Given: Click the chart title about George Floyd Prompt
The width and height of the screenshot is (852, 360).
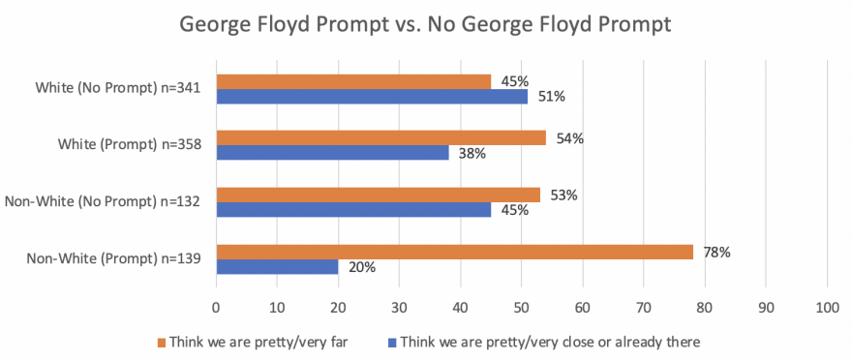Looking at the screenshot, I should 426,25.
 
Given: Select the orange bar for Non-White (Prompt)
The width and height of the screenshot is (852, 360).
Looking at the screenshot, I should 454,252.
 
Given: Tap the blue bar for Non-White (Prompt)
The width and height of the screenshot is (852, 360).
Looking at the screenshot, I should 277,267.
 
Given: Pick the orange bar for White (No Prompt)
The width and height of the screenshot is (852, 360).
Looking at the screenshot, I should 353,81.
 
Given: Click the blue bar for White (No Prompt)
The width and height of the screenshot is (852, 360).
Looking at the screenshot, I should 372,97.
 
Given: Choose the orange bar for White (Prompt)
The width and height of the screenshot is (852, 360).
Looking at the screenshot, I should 380,137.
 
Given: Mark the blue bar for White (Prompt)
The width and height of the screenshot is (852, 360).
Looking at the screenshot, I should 332,153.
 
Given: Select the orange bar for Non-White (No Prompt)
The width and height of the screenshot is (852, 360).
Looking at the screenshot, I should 378,195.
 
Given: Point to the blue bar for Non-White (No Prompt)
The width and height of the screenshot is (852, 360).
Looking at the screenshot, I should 353,210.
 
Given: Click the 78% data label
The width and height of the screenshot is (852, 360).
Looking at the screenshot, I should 716,252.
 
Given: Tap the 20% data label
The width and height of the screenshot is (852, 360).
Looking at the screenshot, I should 362,268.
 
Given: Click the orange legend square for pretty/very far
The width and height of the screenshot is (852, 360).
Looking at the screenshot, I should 161,342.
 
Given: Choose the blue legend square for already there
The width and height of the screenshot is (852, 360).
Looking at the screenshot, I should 391,342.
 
